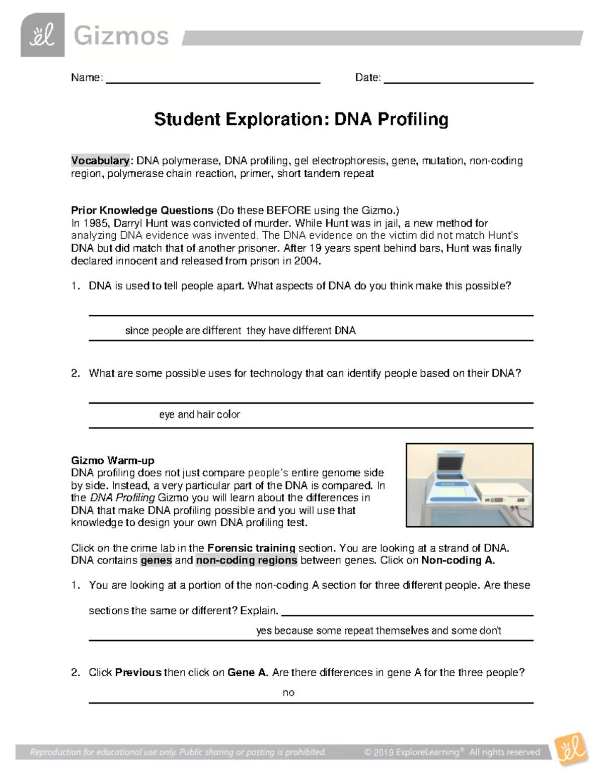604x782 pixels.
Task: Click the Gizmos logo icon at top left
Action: (42, 35)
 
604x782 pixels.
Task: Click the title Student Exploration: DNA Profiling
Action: (301, 119)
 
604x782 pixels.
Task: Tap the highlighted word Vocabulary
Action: (100, 161)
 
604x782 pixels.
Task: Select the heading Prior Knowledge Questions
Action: (142, 210)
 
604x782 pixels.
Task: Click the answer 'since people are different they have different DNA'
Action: (240, 331)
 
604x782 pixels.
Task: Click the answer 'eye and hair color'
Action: (199, 414)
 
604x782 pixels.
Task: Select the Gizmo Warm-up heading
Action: (113, 460)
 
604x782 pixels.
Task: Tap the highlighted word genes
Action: (156, 560)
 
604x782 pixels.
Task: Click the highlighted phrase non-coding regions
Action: (247, 560)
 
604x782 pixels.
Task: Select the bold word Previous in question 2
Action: (138, 673)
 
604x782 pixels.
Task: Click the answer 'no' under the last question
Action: (288, 693)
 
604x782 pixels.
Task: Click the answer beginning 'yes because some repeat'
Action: (379, 630)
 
